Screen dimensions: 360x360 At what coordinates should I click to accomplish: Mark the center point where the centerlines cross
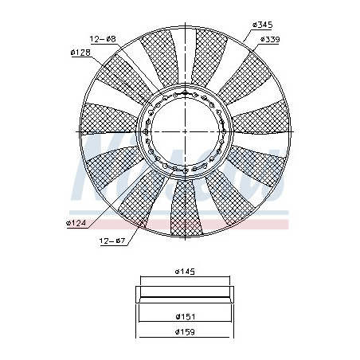(x=185, y=130)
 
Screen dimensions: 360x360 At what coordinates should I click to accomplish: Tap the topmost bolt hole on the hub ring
(x=185, y=92)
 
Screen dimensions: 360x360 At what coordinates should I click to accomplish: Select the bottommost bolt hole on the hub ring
(x=185, y=168)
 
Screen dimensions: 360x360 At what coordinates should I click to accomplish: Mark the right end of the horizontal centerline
(x=292, y=130)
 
